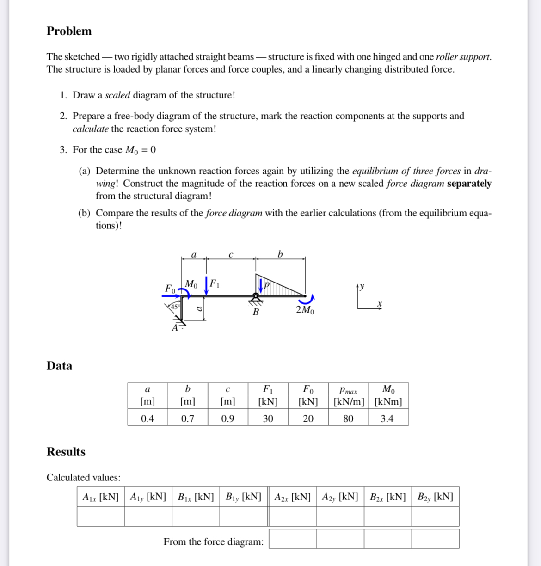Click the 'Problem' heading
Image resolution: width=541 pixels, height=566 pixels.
click(69, 31)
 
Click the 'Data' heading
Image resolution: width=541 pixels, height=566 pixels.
click(59, 366)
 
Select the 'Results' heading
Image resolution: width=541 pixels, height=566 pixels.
click(66, 452)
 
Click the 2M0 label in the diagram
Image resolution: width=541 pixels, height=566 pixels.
click(305, 310)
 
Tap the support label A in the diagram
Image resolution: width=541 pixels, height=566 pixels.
click(174, 328)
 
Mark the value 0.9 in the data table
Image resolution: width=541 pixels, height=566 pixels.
click(227, 418)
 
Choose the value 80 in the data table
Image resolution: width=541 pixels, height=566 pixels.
click(348, 418)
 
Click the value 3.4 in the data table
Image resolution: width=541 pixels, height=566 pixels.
click(387, 418)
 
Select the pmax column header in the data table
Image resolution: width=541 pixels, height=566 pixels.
click(348, 390)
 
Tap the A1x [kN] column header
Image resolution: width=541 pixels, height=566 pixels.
click(100, 497)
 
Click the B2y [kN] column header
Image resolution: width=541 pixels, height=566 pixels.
click(435, 497)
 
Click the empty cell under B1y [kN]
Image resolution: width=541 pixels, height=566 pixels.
click(244, 517)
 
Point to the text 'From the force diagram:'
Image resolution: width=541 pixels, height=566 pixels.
click(214, 541)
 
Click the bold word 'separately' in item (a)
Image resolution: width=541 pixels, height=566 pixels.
click(469, 184)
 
